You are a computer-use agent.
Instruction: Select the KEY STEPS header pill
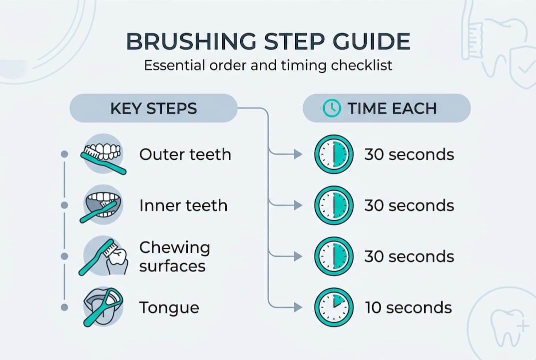pos(153,108)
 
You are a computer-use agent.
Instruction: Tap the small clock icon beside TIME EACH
pos(332,108)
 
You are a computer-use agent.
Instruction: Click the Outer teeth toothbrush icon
pos(103,154)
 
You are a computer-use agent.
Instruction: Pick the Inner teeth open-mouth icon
pos(102,205)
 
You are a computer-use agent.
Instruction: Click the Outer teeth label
pos(185,154)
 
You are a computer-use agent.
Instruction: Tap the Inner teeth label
pos(183,205)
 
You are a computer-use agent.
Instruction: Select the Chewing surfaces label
pos(174,256)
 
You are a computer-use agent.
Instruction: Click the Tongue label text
pos(169,307)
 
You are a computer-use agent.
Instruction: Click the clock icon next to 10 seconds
pos(333,307)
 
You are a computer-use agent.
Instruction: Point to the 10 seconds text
pos(408,307)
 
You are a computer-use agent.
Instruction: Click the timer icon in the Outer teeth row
pos(333,154)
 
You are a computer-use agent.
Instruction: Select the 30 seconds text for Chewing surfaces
pos(409,256)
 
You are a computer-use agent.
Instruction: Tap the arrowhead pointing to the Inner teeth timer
pos(298,205)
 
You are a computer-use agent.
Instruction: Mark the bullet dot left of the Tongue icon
pos(64,307)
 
